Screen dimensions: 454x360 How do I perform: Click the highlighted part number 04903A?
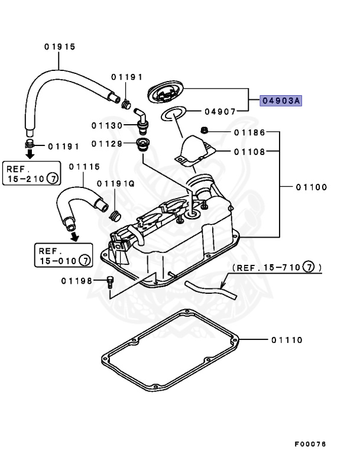tap(281, 101)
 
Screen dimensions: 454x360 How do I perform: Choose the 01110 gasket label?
tap(287, 340)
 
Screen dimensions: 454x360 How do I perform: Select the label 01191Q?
tap(116, 183)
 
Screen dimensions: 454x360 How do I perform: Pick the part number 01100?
tap(311, 187)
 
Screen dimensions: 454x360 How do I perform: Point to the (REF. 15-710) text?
tap(277, 268)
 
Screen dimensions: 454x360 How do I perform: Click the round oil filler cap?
tap(166, 93)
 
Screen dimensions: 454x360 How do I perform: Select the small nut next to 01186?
tap(203, 130)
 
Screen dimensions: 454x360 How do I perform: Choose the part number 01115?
tap(84, 168)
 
